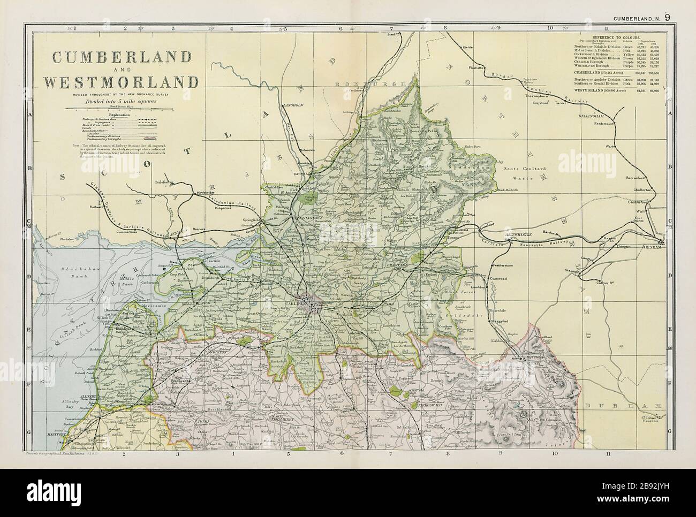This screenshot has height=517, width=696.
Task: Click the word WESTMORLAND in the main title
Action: click(122, 82)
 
